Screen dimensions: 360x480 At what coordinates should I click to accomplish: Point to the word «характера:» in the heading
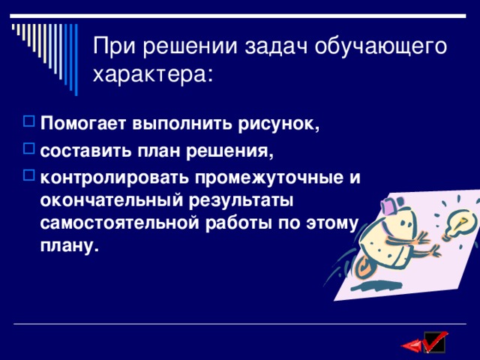point(152,75)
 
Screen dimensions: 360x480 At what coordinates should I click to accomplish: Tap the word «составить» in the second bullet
point(84,151)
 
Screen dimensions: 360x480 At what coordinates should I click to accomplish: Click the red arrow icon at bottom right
point(412,346)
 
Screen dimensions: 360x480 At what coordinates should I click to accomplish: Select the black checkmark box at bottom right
point(434,343)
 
